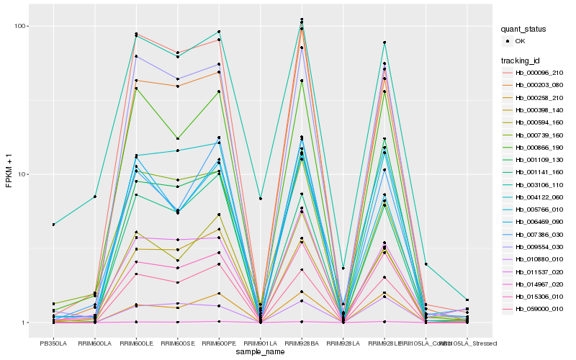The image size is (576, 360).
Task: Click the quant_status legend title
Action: (x=526, y=29)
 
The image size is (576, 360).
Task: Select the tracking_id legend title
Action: (x=522, y=60)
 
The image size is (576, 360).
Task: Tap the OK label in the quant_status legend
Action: (x=521, y=41)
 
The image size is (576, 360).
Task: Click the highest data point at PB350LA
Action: (x=53, y=225)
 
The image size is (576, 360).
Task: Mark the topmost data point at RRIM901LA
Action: (x=260, y=199)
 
